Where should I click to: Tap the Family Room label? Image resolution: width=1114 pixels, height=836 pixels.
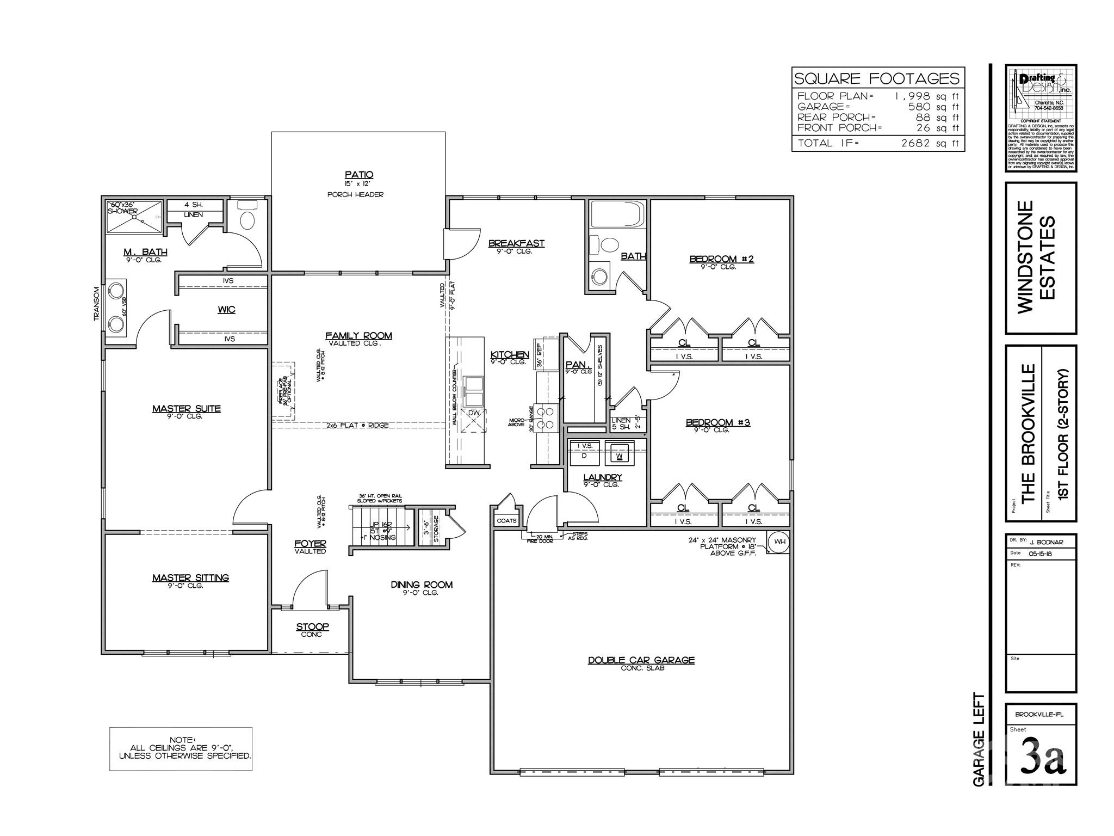[358, 336]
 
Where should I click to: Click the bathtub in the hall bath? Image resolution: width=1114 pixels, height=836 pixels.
[617, 216]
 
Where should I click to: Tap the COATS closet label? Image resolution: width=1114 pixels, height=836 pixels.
[506, 521]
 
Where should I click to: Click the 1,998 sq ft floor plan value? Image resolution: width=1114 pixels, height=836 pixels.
[927, 96]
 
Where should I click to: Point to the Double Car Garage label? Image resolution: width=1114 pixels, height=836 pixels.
[641, 660]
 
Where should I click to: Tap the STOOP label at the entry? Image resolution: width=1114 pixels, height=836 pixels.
[312, 627]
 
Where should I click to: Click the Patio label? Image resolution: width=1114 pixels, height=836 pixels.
[359, 175]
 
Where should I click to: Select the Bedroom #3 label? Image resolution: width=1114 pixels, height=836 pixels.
[717, 422]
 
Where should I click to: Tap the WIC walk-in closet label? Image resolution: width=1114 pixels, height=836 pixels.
[226, 310]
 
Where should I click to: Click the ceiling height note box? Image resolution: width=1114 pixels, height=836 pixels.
[181, 748]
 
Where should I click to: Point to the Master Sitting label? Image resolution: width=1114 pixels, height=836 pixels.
[190, 577]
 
